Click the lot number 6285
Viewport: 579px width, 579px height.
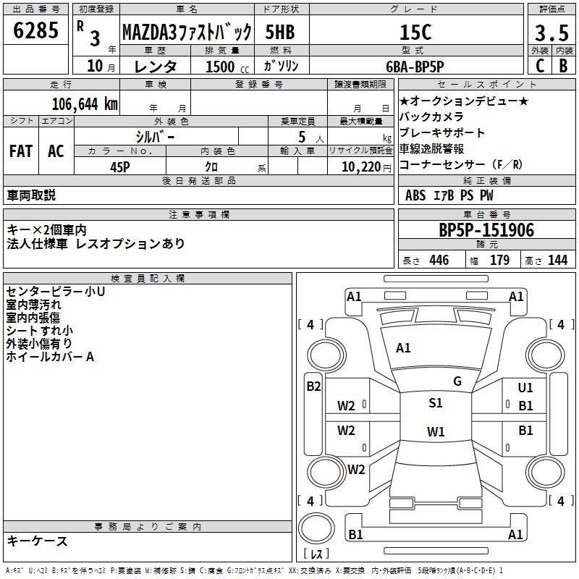click(37, 31)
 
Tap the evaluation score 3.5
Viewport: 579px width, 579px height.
click(551, 33)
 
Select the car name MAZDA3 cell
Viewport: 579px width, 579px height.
click(187, 33)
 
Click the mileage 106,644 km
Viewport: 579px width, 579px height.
click(85, 104)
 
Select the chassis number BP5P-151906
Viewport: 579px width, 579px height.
click(486, 231)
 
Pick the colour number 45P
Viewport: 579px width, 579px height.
click(119, 166)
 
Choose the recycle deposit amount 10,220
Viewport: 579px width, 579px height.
click(359, 166)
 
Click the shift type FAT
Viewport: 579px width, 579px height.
click(20, 151)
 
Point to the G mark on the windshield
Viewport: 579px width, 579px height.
click(457, 381)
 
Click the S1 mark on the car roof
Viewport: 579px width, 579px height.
click(436, 403)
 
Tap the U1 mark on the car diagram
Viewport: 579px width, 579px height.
click(525, 389)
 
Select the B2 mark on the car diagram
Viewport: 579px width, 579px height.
click(313, 386)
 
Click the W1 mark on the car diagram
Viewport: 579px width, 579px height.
click(436, 432)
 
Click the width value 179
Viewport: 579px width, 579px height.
click(499, 261)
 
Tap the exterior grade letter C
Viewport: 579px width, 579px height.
click(539, 66)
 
